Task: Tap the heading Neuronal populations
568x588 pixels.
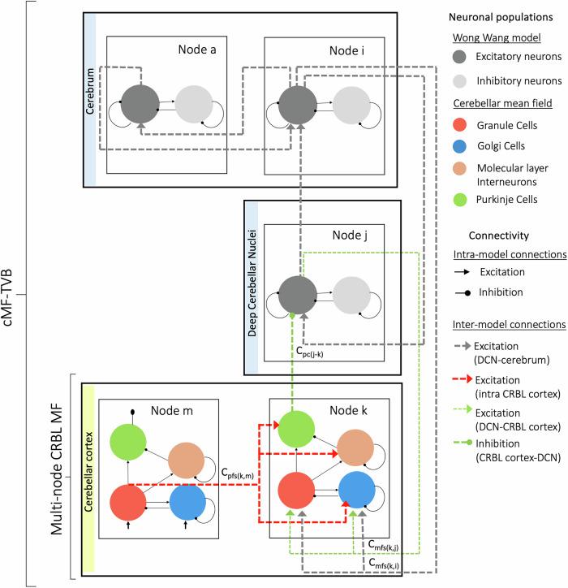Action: click(492, 17)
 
